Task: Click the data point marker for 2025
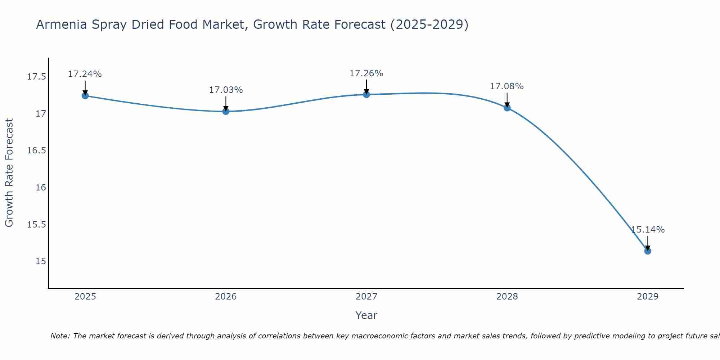pyautogui.click(x=85, y=96)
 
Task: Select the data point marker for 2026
pyautogui.click(x=226, y=111)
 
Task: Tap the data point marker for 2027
pyautogui.click(x=366, y=95)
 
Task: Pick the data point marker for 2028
pyautogui.click(x=507, y=108)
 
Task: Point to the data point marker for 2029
pyautogui.click(x=648, y=251)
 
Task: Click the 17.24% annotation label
pyautogui.click(x=85, y=74)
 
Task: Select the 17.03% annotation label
pyautogui.click(x=226, y=90)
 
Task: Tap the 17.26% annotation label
pyautogui.click(x=366, y=73)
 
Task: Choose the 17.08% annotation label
pyautogui.click(x=507, y=86)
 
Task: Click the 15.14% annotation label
pyautogui.click(x=648, y=230)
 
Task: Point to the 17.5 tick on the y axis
pyautogui.click(x=37, y=77)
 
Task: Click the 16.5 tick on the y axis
pyautogui.click(x=37, y=150)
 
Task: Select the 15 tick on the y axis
pyautogui.click(x=41, y=261)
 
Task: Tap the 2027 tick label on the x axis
pyautogui.click(x=366, y=297)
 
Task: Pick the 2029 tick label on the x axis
pyautogui.click(x=648, y=297)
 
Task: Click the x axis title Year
pyautogui.click(x=366, y=315)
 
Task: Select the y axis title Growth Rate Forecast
pyautogui.click(x=9, y=172)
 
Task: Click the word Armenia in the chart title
pyautogui.click(x=62, y=25)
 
